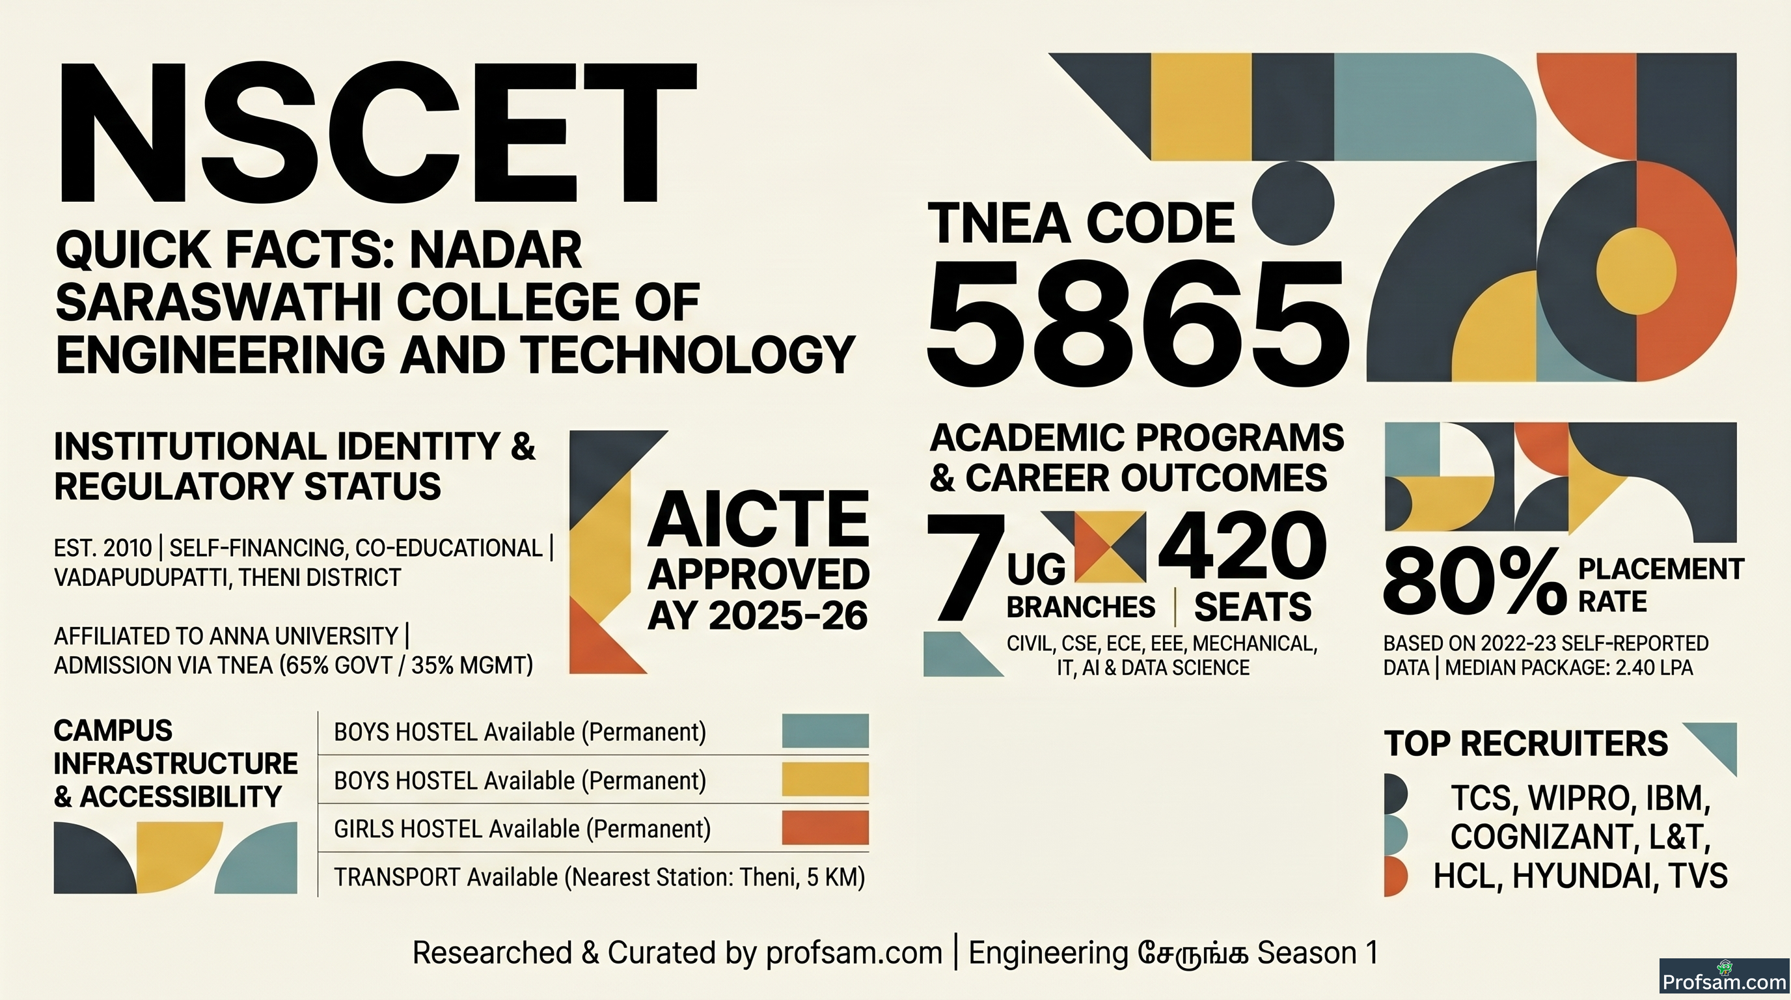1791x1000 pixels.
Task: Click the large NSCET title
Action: tap(377, 133)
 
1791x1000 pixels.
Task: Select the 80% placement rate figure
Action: tap(1474, 581)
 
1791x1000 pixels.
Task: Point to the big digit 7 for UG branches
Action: tap(965, 568)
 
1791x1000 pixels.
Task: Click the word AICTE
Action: tap(758, 519)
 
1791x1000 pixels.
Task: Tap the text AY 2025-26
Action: tap(758, 615)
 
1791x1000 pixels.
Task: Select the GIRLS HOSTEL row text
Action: tap(522, 829)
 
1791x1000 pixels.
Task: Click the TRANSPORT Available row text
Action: tap(599, 878)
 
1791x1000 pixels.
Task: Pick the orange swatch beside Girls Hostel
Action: tap(825, 827)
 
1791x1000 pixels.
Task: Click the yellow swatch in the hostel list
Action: tap(825, 779)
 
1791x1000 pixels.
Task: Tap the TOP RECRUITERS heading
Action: tap(1525, 743)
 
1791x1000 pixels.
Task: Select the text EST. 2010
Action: tap(102, 548)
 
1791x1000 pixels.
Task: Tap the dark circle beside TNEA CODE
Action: tap(1293, 204)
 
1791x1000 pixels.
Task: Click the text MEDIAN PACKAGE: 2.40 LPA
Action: tap(1568, 667)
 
